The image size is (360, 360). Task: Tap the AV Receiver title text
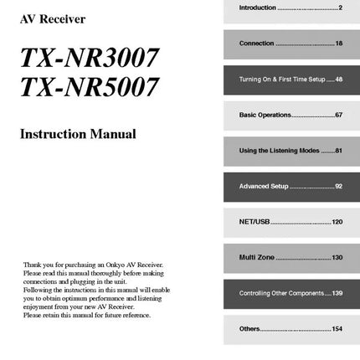coord(52,18)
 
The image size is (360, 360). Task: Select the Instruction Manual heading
coord(78,134)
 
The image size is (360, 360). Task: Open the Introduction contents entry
coord(259,7)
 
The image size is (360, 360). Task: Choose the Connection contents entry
coord(257,43)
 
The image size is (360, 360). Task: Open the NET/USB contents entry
coord(255,222)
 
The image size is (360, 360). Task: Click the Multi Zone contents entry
coord(258,258)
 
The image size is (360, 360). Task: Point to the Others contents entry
coord(250,330)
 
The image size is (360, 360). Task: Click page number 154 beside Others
coord(337,330)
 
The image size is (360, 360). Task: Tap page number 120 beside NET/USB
coord(337,222)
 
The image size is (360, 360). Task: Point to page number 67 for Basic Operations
coord(338,115)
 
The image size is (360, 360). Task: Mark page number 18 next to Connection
coord(338,43)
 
